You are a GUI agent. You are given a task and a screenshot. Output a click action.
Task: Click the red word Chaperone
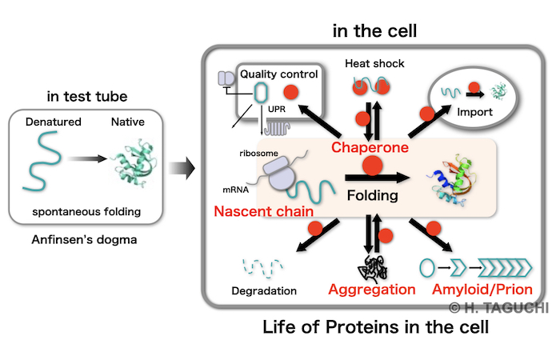(x=370, y=148)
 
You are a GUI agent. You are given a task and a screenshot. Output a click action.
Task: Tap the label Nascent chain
(x=263, y=211)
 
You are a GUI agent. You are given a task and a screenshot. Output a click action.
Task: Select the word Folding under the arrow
(x=373, y=196)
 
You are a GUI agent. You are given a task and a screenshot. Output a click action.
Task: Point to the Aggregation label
(x=372, y=290)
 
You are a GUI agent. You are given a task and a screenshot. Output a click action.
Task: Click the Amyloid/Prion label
(x=482, y=290)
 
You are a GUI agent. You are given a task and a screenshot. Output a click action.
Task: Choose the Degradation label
(x=264, y=291)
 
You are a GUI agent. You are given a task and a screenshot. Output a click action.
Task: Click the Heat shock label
(x=374, y=63)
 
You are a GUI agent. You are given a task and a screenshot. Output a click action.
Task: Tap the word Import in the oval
(x=474, y=112)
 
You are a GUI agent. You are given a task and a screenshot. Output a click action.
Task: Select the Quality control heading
(x=278, y=74)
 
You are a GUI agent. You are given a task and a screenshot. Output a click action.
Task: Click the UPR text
(x=277, y=110)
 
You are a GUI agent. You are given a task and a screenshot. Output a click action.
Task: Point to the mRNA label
(x=235, y=190)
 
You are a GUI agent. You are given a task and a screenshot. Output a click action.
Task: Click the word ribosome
(x=258, y=154)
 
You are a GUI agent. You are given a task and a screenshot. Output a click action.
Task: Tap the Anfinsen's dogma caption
(x=84, y=240)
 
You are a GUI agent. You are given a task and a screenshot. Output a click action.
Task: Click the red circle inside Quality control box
(x=291, y=93)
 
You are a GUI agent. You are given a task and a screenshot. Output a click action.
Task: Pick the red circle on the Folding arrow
(x=373, y=166)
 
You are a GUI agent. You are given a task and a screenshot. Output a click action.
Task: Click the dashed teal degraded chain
(x=263, y=267)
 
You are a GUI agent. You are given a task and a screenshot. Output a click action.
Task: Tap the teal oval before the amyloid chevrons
(x=427, y=268)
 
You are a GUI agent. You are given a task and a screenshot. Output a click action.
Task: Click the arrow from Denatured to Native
(x=86, y=158)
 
